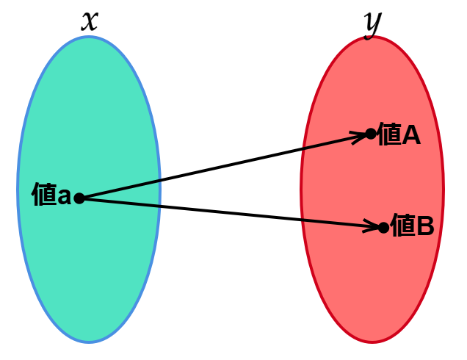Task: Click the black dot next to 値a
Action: [79, 198]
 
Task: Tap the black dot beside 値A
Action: [371, 134]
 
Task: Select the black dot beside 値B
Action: [383, 228]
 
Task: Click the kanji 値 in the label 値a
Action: [44, 195]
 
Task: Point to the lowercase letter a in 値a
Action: [64, 197]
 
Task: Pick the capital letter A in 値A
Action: [410, 135]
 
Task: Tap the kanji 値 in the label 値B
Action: [403, 226]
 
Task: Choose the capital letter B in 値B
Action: [425, 226]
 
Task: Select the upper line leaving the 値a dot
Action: [121, 188]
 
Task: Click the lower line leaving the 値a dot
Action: [121, 202]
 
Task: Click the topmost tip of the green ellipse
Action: [89, 37]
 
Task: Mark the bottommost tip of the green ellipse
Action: [89, 342]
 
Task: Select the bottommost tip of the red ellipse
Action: [372, 342]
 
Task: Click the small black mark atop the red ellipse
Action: [369, 35]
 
